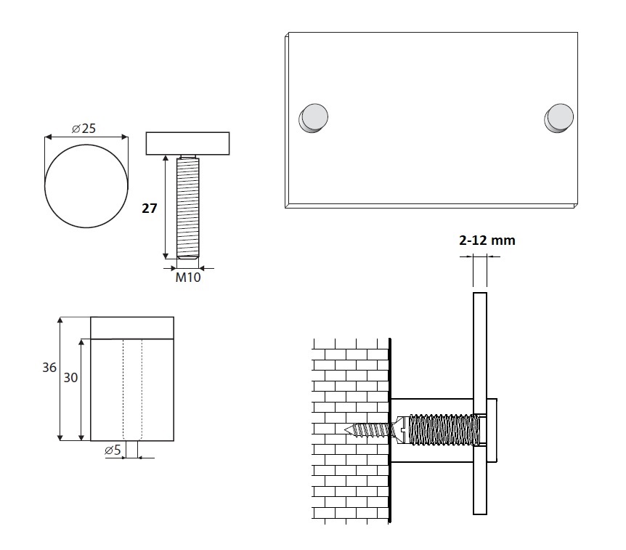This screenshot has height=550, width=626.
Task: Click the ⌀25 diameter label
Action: [84, 128]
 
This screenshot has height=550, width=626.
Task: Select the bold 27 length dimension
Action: [150, 208]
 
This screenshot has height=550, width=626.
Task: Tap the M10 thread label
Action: [188, 278]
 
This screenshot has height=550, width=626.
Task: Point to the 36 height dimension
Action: [49, 368]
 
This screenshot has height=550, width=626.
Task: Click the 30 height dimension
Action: [70, 378]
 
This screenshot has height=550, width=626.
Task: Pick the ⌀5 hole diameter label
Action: [113, 450]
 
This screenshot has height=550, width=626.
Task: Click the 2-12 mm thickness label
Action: [487, 240]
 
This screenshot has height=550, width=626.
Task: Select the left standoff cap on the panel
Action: [314, 118]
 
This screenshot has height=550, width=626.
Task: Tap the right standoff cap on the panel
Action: [559, 118]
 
